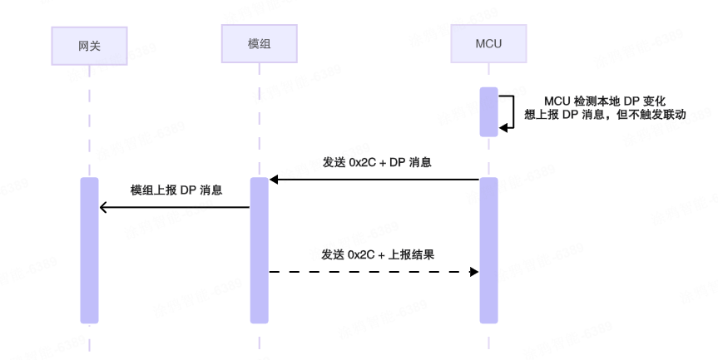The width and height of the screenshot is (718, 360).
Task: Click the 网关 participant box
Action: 89,44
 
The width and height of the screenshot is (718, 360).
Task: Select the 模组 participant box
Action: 259,43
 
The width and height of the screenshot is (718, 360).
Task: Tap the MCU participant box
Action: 488,43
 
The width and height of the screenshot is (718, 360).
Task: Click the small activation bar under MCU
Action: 488,111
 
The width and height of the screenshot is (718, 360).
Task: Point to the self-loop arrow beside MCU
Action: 507,111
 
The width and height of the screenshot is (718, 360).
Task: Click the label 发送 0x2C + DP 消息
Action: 375,162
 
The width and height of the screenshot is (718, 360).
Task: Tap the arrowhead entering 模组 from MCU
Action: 274,180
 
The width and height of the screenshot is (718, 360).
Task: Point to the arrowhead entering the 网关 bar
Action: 103,207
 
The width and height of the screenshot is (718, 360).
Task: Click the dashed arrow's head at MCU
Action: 474,271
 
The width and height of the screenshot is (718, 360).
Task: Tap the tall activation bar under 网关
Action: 89,249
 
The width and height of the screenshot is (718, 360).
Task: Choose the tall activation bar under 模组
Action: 259,249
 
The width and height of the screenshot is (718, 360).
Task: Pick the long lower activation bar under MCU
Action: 488,249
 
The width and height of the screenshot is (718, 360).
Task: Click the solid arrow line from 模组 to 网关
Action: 176,207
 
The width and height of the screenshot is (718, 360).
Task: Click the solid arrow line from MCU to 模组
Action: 375,180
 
